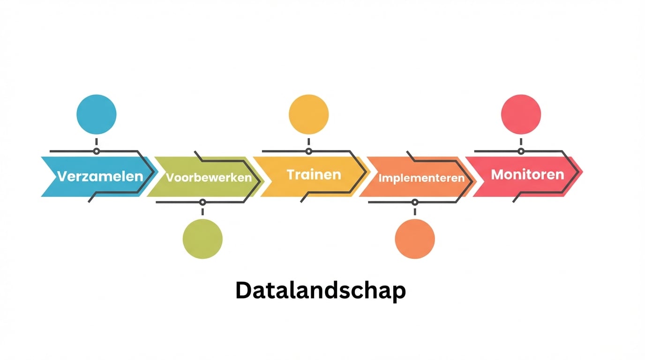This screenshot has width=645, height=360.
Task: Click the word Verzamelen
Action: [x=100, y=177]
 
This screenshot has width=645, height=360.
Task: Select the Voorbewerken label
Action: [x=209, y=178]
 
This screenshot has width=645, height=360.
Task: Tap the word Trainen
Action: [x=314, y=175]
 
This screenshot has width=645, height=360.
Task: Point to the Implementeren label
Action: [x=421, y=178]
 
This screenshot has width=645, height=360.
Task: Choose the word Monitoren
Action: [x=527, y=175]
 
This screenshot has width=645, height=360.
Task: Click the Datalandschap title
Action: [x=320, y=291]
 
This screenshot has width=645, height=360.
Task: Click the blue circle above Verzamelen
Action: [x=96, y=114]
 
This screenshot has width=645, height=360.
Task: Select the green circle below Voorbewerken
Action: [x=202, y=239]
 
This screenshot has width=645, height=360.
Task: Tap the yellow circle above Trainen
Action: [x=308, y=114]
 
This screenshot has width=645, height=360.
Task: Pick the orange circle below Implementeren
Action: [x=415, y=239]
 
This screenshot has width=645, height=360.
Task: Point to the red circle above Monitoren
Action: [x=521, y=114]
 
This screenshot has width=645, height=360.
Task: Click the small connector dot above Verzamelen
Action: [x=96, y=151]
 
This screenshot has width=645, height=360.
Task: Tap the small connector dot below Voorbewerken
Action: [x=202, y=202]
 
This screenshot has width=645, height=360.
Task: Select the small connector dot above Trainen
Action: [x=308, y=151]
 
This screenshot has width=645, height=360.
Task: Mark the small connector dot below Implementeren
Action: [x=415, y=202]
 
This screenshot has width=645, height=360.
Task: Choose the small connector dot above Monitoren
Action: [x=521, y=151]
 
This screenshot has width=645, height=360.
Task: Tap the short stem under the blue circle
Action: [x=96, y=142]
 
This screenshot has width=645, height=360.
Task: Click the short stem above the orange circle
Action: [x=415, y=212]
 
